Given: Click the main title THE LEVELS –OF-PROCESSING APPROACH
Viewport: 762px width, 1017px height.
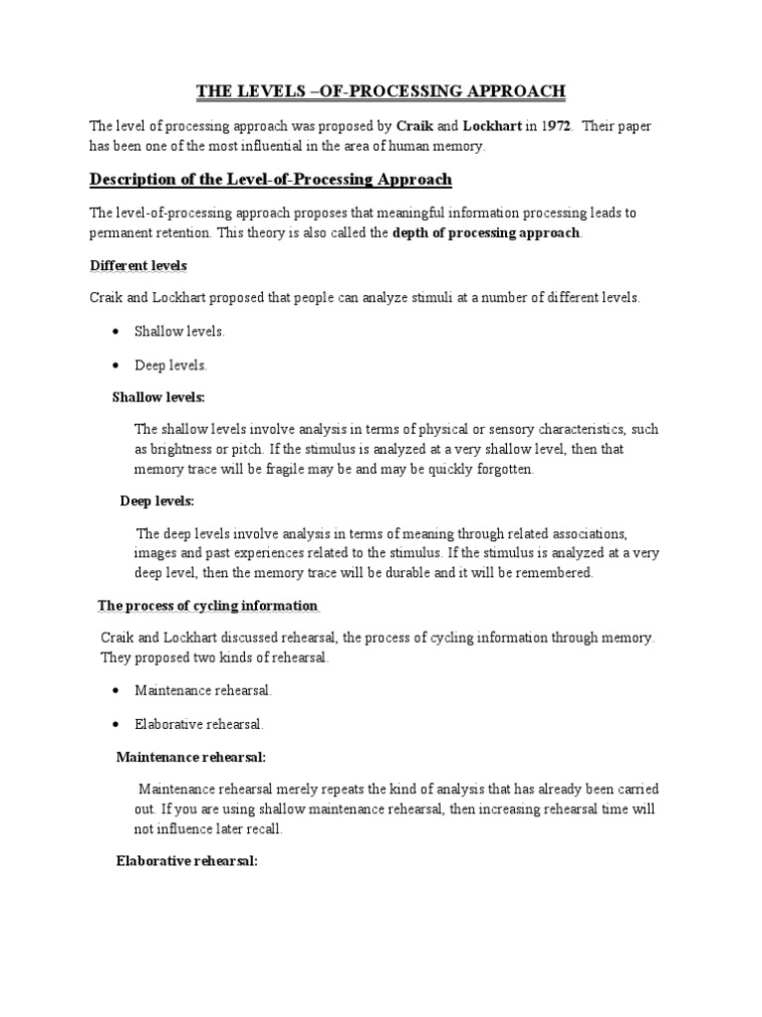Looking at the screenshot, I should point(381,91).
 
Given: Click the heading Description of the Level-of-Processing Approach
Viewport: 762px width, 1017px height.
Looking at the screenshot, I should point(271,179).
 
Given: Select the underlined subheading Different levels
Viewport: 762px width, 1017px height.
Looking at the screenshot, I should point(138,266).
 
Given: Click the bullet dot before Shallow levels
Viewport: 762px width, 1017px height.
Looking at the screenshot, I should point(118,332).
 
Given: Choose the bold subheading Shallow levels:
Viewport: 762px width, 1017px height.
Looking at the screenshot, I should point(159,397).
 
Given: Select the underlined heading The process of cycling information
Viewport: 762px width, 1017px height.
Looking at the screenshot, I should point(207,605).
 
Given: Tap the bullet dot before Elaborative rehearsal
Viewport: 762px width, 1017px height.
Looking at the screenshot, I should point(118,724).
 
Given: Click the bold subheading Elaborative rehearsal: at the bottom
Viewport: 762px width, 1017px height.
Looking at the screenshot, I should point(188,861).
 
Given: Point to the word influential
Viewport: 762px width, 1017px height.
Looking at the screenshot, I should point(304,146).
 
